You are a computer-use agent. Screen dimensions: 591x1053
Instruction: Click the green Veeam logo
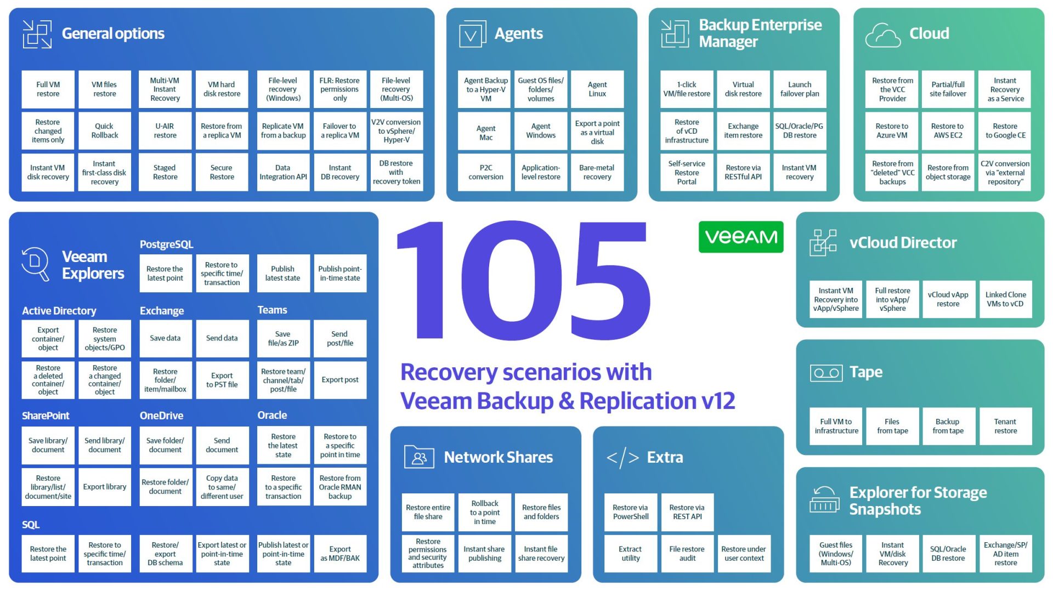740,237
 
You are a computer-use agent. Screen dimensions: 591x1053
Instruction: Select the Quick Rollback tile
104,130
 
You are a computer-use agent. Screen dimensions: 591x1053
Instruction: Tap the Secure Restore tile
222,172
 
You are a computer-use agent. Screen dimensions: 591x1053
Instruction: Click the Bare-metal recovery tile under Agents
597,172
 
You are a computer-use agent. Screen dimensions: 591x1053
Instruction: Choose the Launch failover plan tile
799,89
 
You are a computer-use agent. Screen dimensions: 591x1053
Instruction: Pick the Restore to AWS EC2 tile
947,130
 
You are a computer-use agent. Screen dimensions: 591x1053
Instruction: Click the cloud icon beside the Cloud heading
882,35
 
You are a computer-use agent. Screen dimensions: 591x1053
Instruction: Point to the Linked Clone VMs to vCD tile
1005,299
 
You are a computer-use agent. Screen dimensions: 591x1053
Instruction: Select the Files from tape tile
892,426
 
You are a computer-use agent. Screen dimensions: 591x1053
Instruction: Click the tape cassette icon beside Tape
826,373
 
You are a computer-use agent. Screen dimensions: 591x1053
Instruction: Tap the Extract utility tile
630,553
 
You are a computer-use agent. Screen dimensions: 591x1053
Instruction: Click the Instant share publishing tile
484,553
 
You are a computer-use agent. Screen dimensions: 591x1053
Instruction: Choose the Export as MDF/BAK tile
339,553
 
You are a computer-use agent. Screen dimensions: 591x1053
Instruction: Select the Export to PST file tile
222,380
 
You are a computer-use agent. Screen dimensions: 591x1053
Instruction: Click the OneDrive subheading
161,416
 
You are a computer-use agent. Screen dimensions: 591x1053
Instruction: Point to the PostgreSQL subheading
166,245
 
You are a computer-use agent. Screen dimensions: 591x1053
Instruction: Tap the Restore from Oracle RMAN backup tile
339,487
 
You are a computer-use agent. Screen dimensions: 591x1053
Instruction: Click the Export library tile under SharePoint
104,487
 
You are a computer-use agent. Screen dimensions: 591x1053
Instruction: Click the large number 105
524,280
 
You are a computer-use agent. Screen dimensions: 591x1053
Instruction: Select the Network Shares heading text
498,457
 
